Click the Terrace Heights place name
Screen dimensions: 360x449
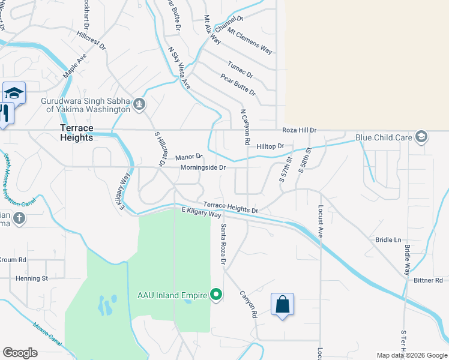coord(76,133)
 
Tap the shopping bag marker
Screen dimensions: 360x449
coord(282,305)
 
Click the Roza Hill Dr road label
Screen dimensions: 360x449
coord(300,130)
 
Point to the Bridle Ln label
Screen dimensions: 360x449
coord(388,240)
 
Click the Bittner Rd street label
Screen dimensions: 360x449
coord(427,280)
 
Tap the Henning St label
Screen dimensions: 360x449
coord(31,278)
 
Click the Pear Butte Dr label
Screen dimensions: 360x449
coord(238,85)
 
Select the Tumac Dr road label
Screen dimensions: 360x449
coord(240,70)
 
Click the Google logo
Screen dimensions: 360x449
coord(20,353)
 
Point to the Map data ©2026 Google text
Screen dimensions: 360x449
coord(412,355)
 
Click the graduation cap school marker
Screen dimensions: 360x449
coord(14,94)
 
